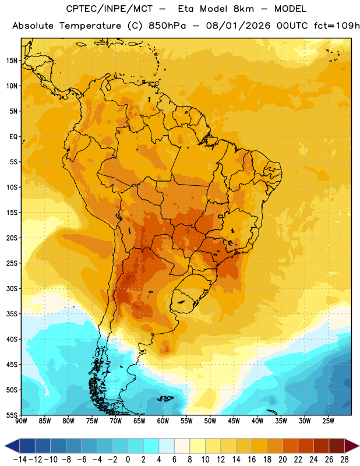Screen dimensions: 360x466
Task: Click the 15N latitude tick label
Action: [12, 61]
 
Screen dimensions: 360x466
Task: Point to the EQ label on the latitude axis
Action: [13, 137]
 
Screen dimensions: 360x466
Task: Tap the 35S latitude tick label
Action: [12, 314]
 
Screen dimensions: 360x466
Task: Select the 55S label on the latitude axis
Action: [12, 415]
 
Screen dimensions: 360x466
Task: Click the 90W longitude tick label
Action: [21, 421]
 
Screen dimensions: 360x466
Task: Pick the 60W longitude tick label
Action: [163, 421]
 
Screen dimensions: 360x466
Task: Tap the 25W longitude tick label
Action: [328, 421]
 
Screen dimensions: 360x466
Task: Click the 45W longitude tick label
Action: [234, 421]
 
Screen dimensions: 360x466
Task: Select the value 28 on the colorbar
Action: [344, 460]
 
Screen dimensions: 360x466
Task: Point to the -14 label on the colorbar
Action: [20, 460]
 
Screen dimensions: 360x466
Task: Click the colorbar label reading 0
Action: [128, 460]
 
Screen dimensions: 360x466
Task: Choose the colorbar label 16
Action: [252, 460]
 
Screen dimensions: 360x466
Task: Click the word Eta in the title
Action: [186, 9]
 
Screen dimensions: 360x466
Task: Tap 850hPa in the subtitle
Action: [167, 26]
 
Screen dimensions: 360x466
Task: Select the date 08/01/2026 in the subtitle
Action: [238, 26]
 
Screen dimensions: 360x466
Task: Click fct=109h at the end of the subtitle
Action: [337, 26]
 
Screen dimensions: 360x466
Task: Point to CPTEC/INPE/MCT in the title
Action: [109, 9]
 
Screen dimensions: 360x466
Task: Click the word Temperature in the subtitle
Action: [90, 26]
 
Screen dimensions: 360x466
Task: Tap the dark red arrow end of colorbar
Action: [352, 446]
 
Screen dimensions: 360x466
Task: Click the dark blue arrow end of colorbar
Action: [12, 446]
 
